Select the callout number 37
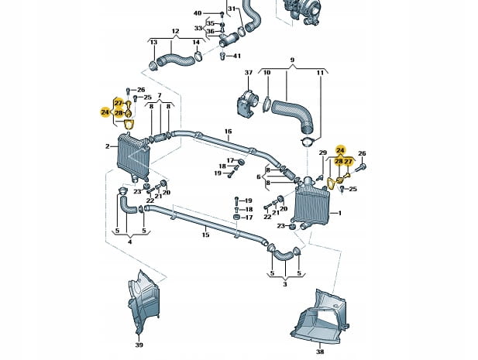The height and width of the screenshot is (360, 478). point(249,73)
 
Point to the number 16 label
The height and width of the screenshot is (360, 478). point(228,132)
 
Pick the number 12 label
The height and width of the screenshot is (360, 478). point(175,32)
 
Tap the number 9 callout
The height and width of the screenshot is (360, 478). point(292,60)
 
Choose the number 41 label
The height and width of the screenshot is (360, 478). point(237,56)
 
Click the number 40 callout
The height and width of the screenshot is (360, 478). point(197,13)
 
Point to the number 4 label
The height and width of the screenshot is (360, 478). point(129,242)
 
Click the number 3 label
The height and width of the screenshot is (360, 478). point(284,285)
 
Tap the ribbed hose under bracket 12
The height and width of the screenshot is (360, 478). point(173,58)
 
